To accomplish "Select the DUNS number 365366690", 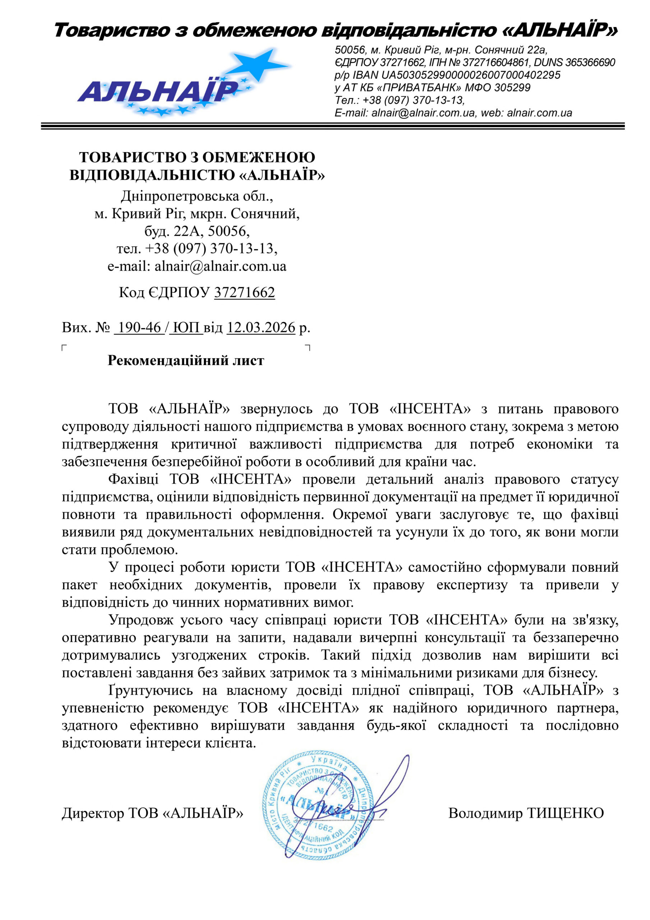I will pyautogui.click(x=590, y=63).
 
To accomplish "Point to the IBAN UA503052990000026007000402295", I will pyautogui.click(x=470, y=75).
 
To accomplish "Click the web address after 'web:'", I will pyautogui.click(x=539, y=112).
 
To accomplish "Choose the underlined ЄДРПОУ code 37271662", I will pyautogui.click(x=244, y=293).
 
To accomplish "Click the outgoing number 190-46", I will pyautogui.click(x=139, y=327).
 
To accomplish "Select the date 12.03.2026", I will pyautogui.click(x=261, y=327).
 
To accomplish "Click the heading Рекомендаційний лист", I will pyautogui.click(x=186, y=360).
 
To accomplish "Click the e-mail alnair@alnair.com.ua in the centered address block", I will pyautogui.click(x=220, y=266).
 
